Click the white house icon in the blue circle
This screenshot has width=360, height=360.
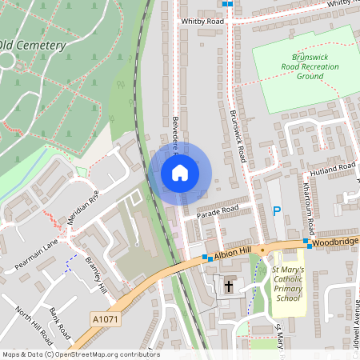tap(180, 172)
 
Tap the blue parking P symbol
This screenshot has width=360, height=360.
tap(278, 211)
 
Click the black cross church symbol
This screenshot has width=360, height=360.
tap(229, 286)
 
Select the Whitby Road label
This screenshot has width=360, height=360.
tap(202, 21)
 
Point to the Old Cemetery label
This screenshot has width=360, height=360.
tap(33, 46)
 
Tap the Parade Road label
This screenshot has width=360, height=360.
tap(218, 210)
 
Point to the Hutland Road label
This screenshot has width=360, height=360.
tap(334, 170)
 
